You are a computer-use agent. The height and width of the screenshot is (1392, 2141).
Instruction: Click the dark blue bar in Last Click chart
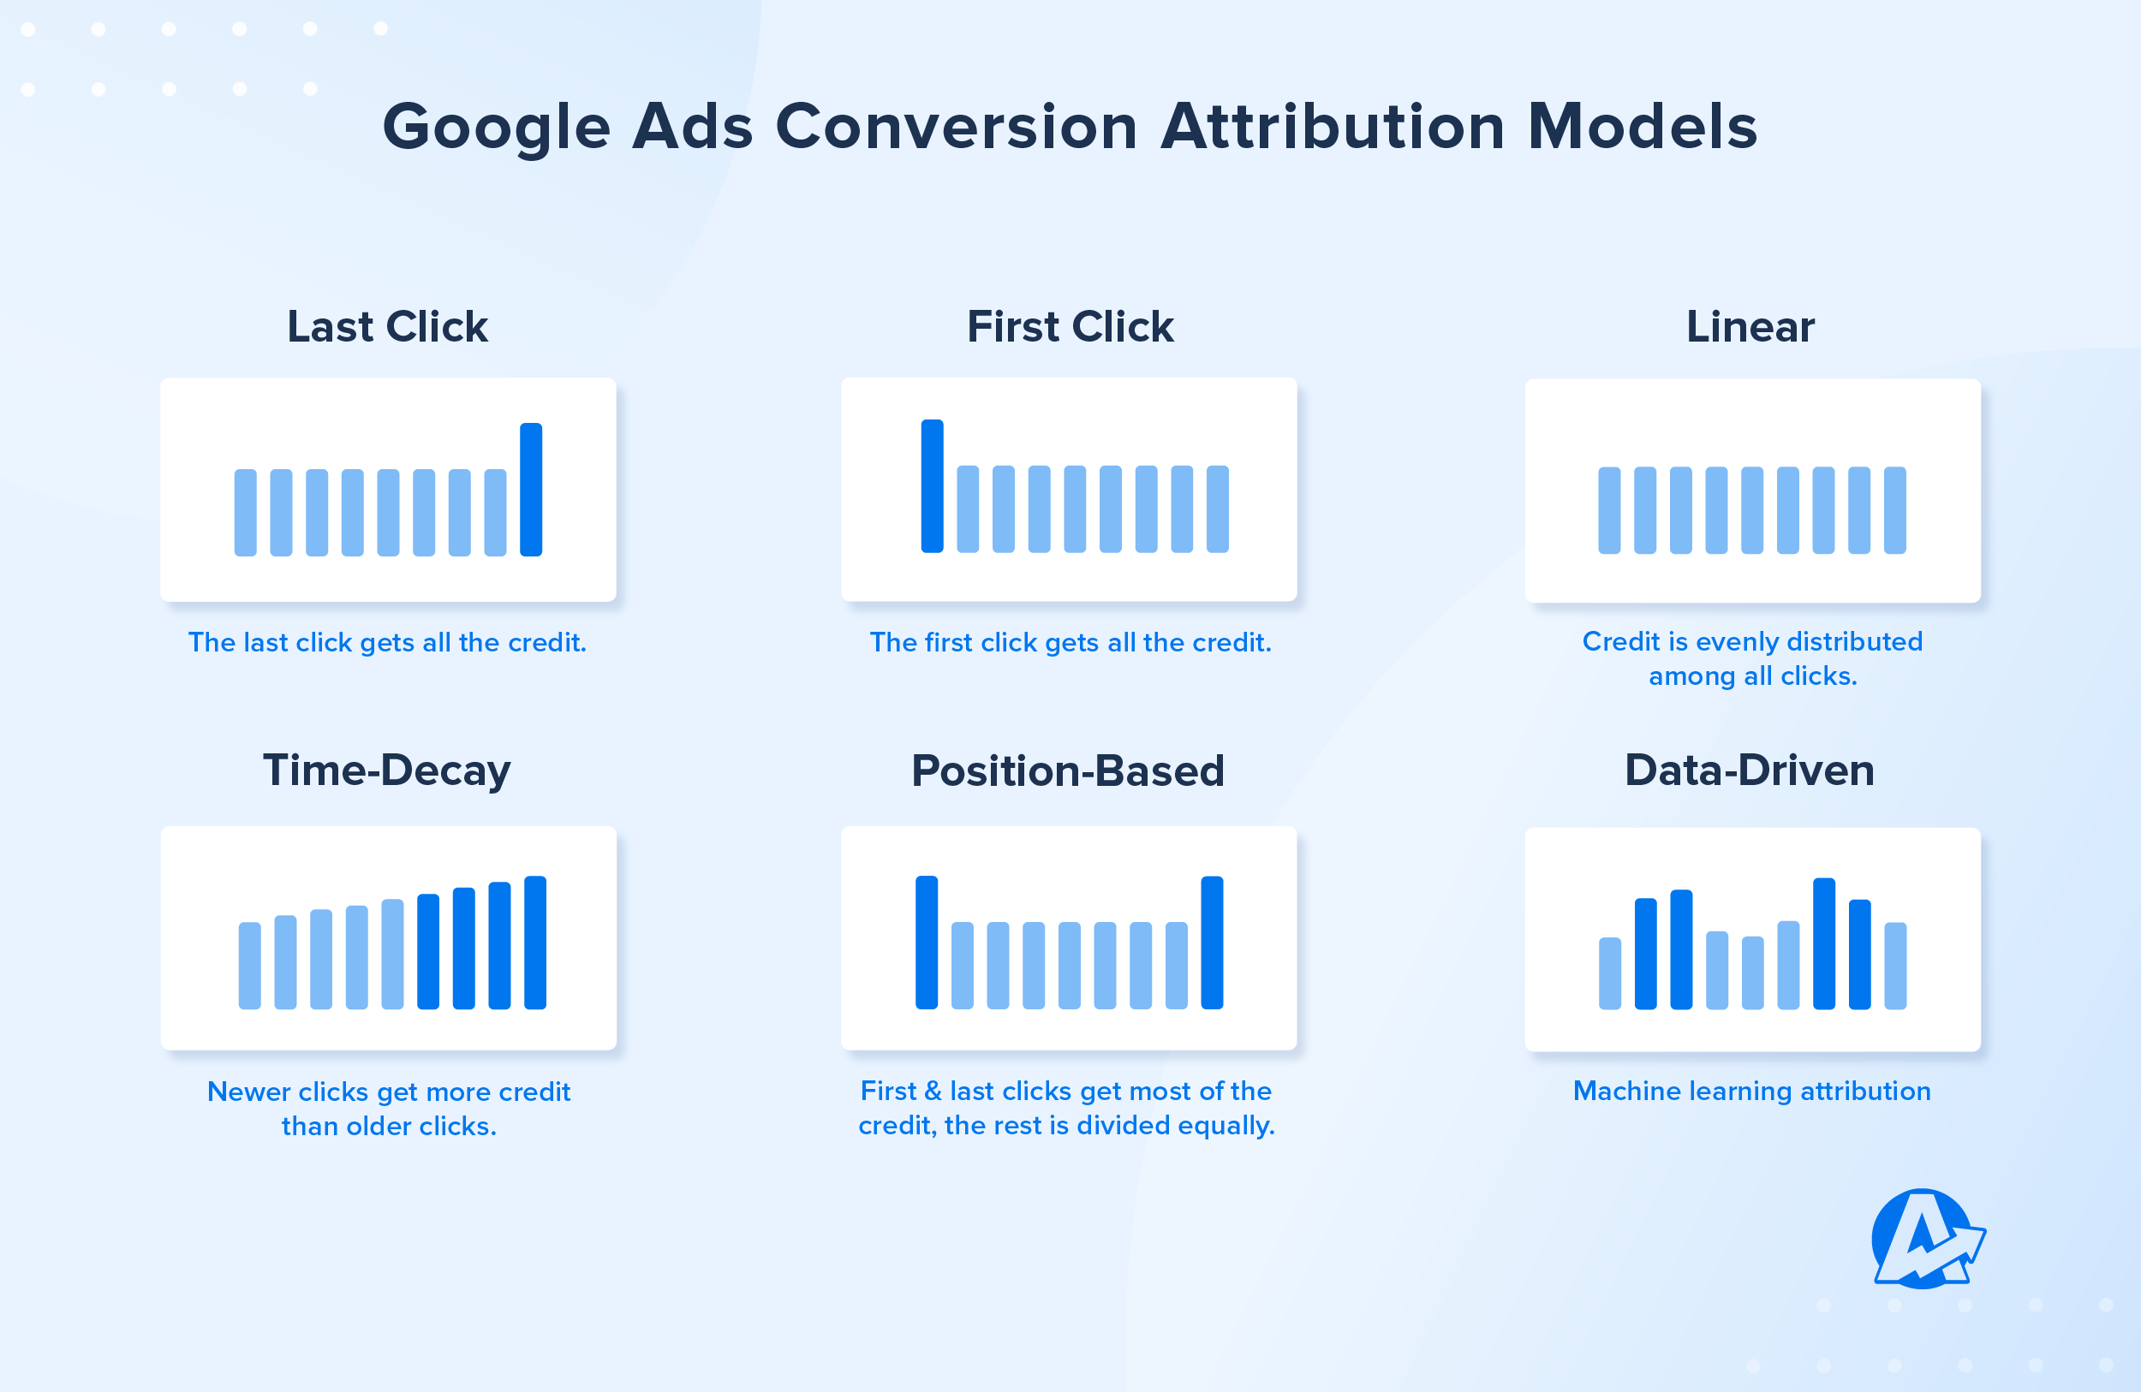[531, 489]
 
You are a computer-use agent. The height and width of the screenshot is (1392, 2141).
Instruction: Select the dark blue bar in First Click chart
[932, 485]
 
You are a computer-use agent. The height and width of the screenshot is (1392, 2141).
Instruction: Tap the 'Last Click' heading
[387, 326]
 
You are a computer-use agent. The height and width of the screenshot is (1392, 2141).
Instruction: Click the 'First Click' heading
[1070, 326]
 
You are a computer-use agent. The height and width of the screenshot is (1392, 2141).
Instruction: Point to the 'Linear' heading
[1750, 326]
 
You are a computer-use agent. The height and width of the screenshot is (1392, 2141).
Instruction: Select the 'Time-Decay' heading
[387, 770]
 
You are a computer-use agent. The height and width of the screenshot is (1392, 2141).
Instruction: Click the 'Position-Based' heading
[1068, 770]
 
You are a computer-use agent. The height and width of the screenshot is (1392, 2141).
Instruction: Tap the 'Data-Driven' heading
[1750, 770]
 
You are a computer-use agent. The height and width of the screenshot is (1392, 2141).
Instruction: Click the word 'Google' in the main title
[497, 127]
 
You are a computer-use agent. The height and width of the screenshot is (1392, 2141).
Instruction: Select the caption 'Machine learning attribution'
[1751, 1091]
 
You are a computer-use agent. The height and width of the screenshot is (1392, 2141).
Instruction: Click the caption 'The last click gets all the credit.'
[387, 642]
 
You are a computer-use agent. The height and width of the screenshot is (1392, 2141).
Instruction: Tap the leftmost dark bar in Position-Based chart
[927, 943]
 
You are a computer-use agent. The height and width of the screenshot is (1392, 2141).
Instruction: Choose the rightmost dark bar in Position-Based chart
[1212, 943]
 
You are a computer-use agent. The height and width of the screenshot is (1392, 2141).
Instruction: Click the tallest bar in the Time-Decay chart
[535, 943]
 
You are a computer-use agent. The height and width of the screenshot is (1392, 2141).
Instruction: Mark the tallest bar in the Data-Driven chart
[1823, 943]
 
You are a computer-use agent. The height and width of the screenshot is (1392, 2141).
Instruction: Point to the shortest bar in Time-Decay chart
[249, 965]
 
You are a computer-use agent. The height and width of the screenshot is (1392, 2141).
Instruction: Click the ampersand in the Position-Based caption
[933, 1091]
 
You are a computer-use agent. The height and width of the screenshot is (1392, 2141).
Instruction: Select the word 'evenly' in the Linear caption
[1738, 641]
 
